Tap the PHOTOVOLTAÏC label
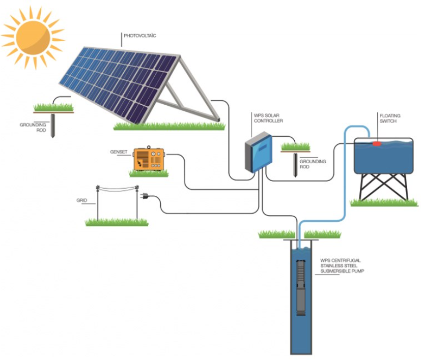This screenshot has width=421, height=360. click(141, 36)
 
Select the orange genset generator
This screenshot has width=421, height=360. click(149, 159)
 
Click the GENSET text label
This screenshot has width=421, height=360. click(118, 152)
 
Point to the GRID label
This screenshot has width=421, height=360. click(81, 200)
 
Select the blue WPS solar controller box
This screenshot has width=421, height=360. click(259, 153)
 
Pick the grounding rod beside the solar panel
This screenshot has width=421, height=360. click(52, 125)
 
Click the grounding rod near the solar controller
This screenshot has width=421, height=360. click(295, 163)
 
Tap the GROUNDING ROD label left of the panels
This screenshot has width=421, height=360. click(33, 128)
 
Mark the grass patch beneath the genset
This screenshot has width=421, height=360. click(149, 174)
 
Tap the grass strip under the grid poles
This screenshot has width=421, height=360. click(117, 222)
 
